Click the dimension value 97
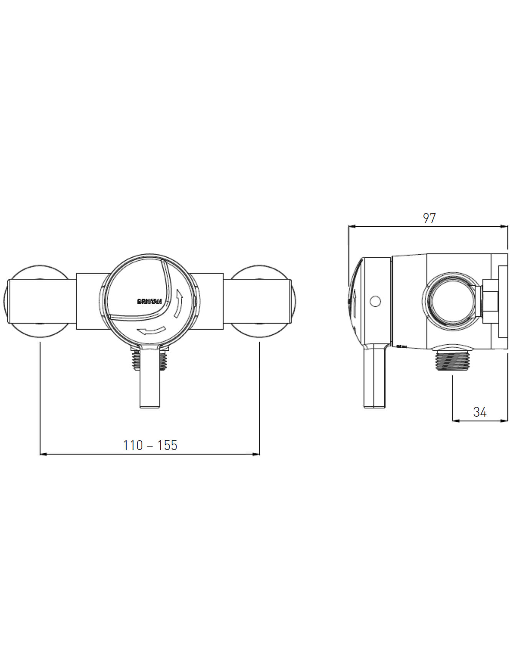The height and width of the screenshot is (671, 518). [x=429, y=218]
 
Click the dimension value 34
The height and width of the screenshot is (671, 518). [x=480, y=412]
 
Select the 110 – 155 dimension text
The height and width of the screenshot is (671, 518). [x=150, y=445]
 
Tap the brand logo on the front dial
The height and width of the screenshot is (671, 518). [x=150, y=301]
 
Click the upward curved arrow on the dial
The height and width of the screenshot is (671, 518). [x=178, y=303]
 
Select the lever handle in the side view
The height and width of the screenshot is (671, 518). [x=374, y=378]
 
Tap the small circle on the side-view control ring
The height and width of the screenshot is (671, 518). [x=375, y=301]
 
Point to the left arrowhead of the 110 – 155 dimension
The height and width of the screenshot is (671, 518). [x=43, y=454]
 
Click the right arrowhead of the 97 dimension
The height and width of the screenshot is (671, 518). [x=505, y=227]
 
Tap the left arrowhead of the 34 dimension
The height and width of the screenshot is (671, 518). [x=455, y=421]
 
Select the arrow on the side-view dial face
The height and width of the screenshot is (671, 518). [x=355, y=303]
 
